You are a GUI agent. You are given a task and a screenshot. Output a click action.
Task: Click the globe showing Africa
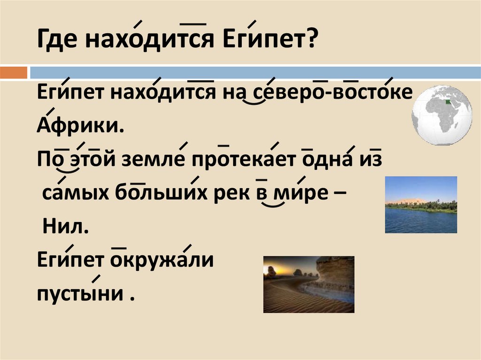[442, 115]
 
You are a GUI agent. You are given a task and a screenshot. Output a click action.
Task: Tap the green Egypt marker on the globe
[446, 100]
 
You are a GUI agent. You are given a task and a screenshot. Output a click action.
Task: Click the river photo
[420, 205]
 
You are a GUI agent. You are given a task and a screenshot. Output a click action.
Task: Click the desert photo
[308, 284]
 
